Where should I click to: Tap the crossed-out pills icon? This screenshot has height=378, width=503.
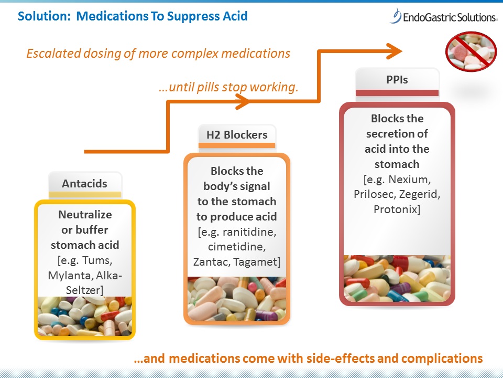pyautogui.click(x=471, y=51)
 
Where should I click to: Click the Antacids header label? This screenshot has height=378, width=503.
pyautogui.click(x=84, y=184)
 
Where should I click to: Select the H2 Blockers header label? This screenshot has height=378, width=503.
pyautogui.click(x=237, y=134)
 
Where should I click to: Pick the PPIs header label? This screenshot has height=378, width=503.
pyautogui.click(x=397, y=80)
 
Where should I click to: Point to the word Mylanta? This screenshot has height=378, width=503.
pyautogui.click(x=70, y=275)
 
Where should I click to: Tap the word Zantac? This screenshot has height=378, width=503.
pyautogui.click(x=216, y=261)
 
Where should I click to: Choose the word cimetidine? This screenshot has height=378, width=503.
pyautogui.click(x=236, y=246)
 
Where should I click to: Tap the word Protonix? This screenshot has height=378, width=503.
pyautogui.click(x=397, y=209)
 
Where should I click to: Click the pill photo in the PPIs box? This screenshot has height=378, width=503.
pyautogui.click(x=397, y=278)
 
